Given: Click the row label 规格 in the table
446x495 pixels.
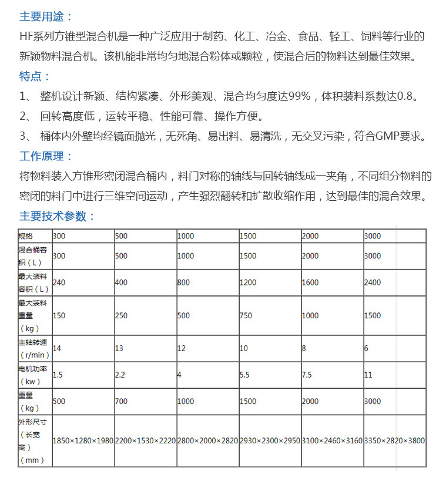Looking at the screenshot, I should coord(26,236).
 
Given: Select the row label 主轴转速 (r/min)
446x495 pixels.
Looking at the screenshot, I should coord(35,348).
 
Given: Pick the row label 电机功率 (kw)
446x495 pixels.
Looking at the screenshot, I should coord(35,375).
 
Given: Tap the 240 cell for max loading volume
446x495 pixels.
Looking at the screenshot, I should coord(59,282).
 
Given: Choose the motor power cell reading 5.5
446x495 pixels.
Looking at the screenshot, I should coord(245,375).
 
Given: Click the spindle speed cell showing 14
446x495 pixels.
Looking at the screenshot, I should coord(57,348).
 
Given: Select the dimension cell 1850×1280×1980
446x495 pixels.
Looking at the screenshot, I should coord(83,440).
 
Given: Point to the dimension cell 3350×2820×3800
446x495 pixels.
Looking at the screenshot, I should coord(394,440).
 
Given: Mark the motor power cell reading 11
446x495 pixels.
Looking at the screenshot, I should coord(368,375).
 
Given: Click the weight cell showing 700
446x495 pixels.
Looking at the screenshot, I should coord(121,401).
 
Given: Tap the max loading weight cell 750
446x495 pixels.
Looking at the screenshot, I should coord(246,315).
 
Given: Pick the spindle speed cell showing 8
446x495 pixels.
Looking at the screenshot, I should coord(304,348).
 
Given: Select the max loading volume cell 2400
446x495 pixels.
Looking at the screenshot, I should coord(372,282).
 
